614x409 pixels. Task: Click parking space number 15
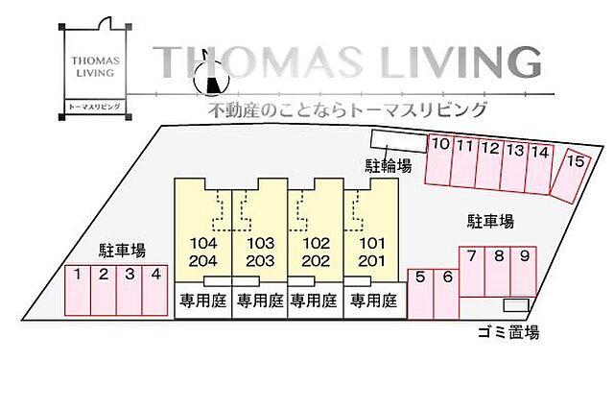point(574,173)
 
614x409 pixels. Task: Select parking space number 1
point(77,289)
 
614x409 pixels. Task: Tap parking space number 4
point(154,289)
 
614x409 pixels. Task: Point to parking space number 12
point(490,164)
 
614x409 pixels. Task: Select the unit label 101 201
point(371,252)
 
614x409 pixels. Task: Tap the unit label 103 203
point(260,252)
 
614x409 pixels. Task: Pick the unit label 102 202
point(316,252)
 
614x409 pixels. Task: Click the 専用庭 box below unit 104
point(202,301)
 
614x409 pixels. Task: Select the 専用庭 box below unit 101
point(373,301)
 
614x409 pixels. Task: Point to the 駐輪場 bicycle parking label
point(388,165)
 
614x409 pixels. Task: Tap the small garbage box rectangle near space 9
point(516,305)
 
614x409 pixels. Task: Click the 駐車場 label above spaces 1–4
point(122,251)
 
